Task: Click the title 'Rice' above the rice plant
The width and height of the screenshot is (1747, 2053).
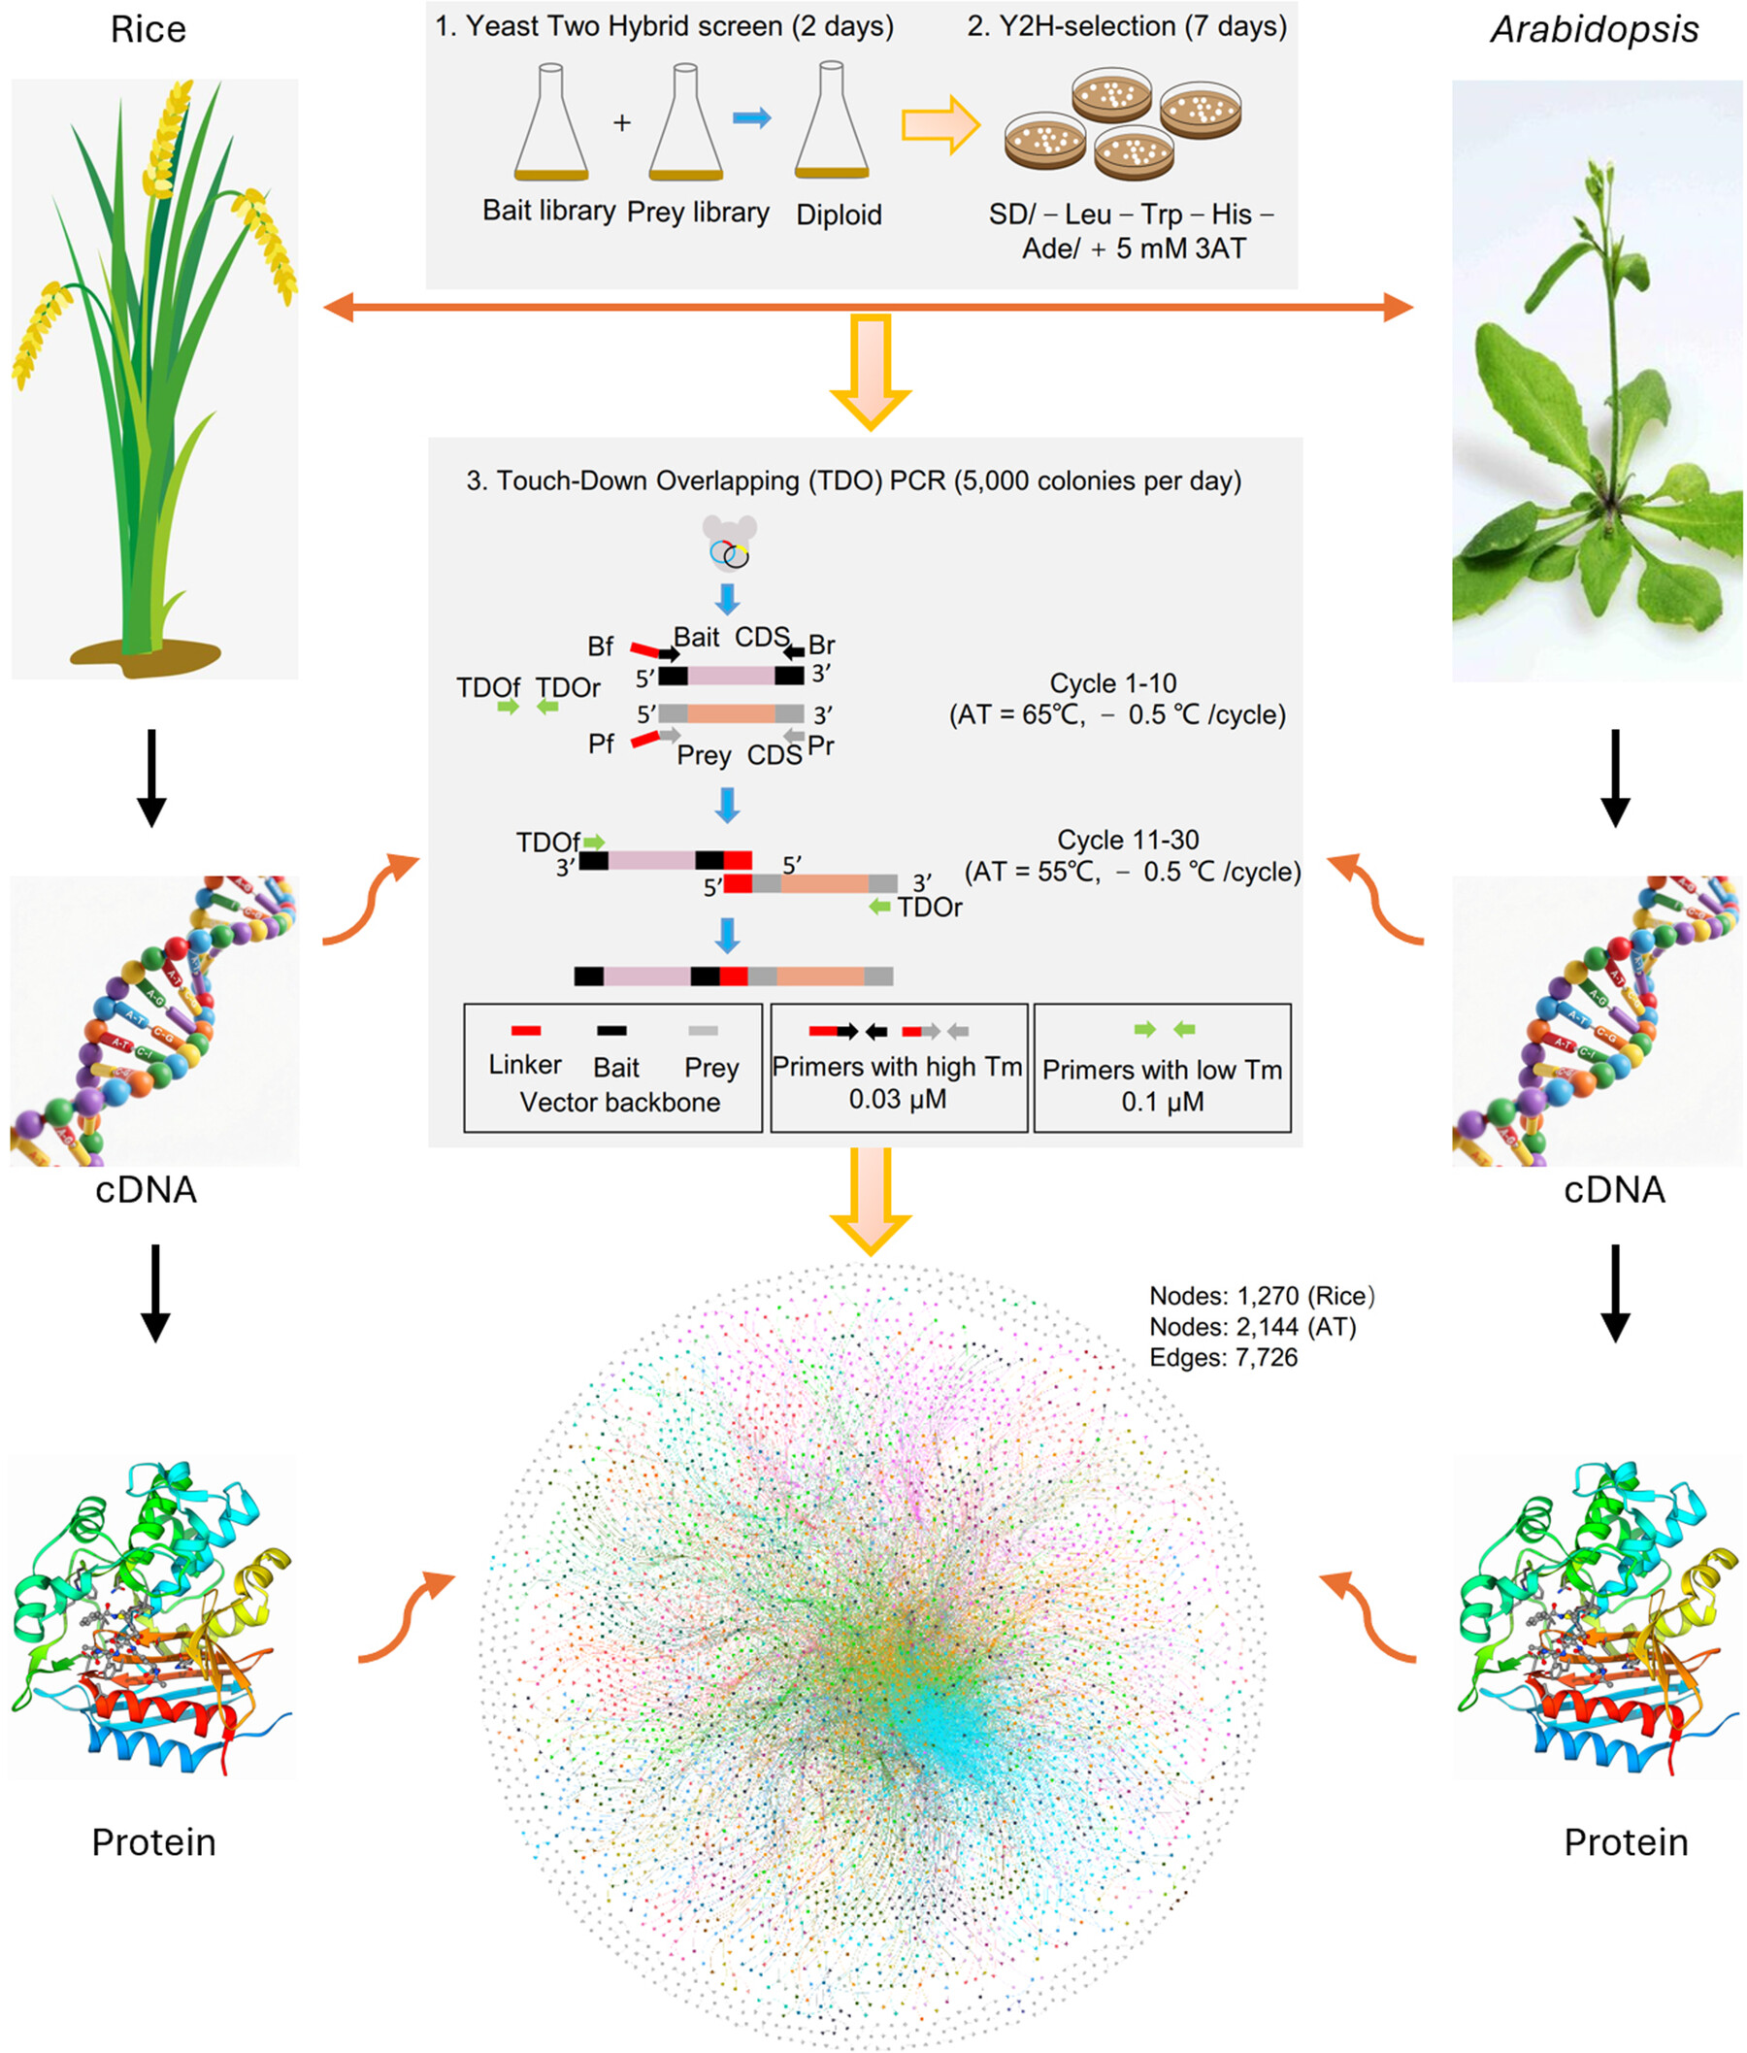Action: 148,30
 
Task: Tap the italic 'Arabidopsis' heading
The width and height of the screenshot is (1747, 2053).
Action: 1594,30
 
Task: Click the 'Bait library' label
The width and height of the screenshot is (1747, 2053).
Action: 548,211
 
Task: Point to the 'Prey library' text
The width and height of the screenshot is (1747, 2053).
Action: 697,213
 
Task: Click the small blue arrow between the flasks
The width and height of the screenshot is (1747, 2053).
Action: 751,118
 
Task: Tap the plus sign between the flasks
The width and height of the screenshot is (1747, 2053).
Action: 622,123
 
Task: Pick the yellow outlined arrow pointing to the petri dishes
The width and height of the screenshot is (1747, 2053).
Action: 939,125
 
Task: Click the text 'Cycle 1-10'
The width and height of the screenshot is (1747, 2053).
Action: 1112,683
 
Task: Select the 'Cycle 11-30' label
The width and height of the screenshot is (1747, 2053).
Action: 1127,840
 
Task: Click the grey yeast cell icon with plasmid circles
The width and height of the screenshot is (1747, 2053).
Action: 730,543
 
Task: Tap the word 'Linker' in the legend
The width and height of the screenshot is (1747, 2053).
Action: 525,1065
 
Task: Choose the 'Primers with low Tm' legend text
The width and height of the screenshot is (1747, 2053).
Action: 1162,1070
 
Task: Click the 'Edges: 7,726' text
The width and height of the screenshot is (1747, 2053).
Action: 1223,1357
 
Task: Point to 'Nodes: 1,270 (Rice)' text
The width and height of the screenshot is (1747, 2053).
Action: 1261,1296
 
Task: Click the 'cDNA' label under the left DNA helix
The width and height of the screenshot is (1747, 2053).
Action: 146,1189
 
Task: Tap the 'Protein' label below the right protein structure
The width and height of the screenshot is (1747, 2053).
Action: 1625,1842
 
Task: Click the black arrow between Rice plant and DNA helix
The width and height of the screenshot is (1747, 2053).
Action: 151,778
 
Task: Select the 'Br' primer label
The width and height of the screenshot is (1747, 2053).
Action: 821,646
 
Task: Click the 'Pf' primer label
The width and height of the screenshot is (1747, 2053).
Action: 601,744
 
